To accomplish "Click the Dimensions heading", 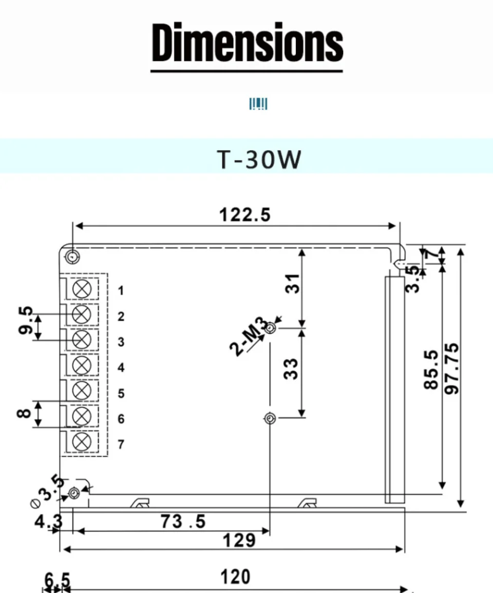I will click(x=247, y=43).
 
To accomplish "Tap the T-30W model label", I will click(x=258, y=160).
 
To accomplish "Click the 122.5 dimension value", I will click(x=244, y=215).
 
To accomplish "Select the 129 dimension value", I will click(x=239, y=540).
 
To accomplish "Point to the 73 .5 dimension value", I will click(x=183, y=522).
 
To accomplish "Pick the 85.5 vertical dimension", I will click(x=431, y=369).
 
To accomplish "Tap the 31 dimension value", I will click(x=292, y=283).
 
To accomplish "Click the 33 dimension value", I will click(x=291, y=368).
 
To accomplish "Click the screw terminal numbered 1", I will click(x=82, y=289).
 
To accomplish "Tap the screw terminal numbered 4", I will click(x=82, y=365).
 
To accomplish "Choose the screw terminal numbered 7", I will click(x=82, y=442).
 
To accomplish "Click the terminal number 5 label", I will click(x=121, y=393).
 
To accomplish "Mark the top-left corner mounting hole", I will click(x=72, y=256).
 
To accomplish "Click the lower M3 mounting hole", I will click(x=270, y=419).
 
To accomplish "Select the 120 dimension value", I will click(x=236, y=577).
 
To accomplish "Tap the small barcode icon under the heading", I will click(x=258, y=104).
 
